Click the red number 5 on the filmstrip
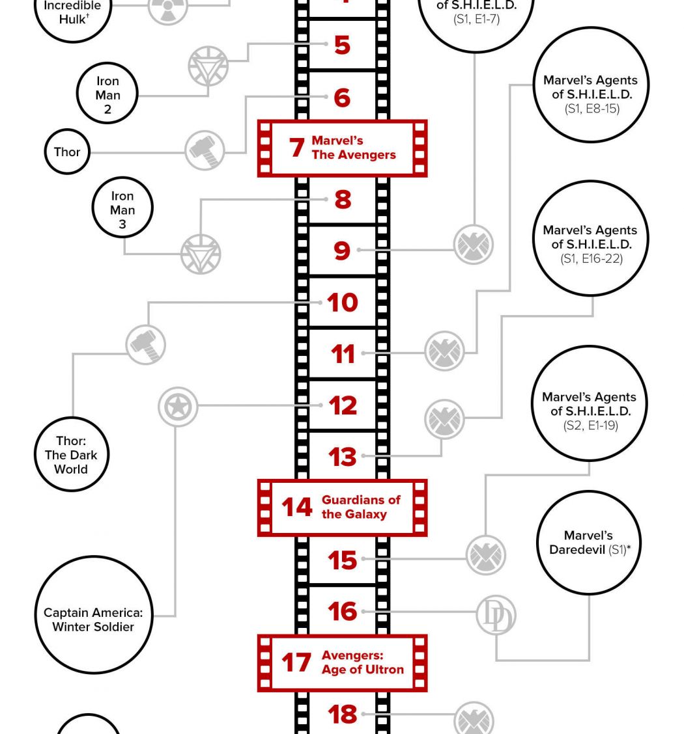coord(342,45)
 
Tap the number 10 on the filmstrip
coord(342,303)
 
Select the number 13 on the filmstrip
coord(342,457)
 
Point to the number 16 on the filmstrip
coord(342,612)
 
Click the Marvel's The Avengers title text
coord(353,148)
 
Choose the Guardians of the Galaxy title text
coord(361,507)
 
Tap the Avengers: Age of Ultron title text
coord(362,662)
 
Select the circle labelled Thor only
coord(67,152)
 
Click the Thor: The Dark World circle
coord(71,455)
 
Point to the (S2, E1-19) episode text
coord(590,426)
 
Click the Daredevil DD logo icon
coord(496,616)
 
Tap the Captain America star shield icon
coord(177,407)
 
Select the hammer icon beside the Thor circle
coord(205,150)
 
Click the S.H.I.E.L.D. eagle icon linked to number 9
coord(473,245)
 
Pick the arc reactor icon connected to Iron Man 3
coord(201,254)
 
